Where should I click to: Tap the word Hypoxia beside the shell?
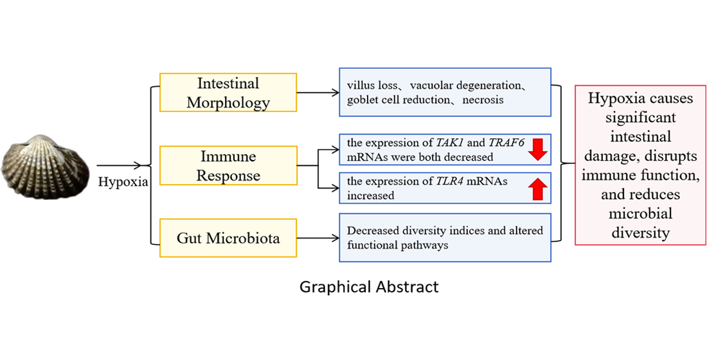point(123,182)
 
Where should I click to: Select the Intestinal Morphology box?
point(228,93)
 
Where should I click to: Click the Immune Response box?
point(228,166)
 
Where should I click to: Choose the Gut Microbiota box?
point(228,238)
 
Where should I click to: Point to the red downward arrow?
point(538,149)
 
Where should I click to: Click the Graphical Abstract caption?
point(369,287)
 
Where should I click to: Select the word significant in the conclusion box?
point(640,118)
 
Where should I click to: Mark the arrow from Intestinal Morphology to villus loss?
point(318,93)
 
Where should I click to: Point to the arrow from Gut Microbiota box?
point(318,238)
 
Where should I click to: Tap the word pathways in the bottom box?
point(427,245)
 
